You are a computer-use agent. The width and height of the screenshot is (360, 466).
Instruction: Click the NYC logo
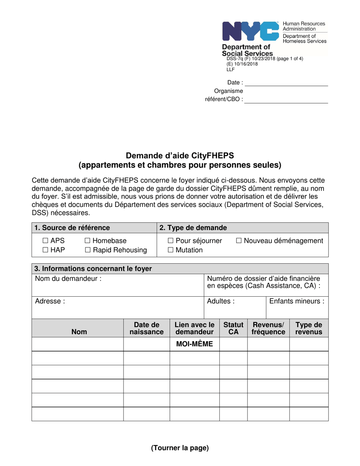pos(251,31)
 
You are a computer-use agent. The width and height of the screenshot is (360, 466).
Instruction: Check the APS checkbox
pos(45,241)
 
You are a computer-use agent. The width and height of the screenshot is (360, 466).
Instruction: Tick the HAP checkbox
pos(45,250)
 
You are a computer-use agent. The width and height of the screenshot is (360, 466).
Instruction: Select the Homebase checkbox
pos(88,241)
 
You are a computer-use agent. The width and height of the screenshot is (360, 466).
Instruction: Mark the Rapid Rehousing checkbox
pos(88,250)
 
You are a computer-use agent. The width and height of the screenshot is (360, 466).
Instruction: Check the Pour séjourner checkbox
pos(170,241)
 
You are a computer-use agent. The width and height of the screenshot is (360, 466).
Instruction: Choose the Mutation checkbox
pos(170,250)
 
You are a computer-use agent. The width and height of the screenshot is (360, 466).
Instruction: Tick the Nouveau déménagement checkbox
pos(239,241)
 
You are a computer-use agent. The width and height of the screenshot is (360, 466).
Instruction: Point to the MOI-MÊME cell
pos(194,344)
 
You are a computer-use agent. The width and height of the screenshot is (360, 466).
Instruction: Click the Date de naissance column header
pos(147,328)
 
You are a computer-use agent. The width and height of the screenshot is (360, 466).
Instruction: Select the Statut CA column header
pos(233,328)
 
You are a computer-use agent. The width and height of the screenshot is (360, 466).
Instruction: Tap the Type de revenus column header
pos(309,328)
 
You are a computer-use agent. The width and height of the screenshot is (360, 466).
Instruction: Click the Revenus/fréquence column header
pos(268,328)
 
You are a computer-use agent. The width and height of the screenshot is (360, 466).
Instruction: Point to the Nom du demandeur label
pos(68,279)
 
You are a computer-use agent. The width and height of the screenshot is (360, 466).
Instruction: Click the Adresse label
pos(50,302)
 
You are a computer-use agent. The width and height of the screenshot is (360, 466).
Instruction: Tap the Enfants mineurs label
pos(297,302)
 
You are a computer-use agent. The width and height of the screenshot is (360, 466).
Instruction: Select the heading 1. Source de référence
pos(72,228)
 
